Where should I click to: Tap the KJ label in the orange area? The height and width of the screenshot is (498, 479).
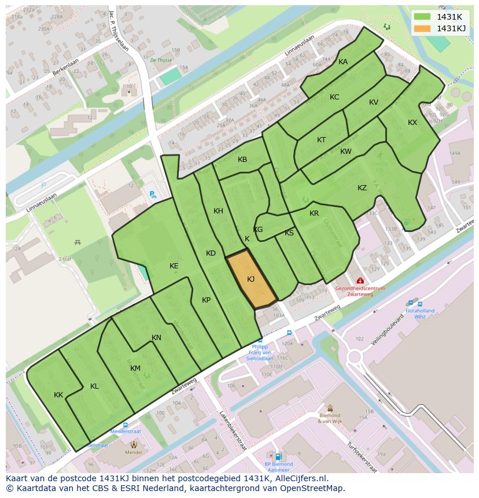pos(251,279)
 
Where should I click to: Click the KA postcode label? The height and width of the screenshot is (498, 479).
pos(343,62)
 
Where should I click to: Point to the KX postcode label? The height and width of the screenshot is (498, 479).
pos(412,123)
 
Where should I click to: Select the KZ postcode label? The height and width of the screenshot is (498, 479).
pos(362,188)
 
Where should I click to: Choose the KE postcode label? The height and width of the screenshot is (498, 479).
pos(174,266)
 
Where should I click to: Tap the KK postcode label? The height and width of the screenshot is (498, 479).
pos(58,395)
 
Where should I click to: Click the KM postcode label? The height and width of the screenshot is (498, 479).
pos(135,368)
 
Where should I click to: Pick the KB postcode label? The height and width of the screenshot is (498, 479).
pos(242,160)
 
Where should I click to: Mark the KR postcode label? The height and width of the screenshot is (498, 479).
pos(314,213)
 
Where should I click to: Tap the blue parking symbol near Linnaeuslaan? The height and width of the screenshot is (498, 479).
pos(153,195)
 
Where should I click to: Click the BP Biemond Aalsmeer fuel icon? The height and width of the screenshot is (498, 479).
pos(279,456)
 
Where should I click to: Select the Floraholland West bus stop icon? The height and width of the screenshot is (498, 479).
pos(411,303)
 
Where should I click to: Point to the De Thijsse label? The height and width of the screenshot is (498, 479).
pos(161,60)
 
